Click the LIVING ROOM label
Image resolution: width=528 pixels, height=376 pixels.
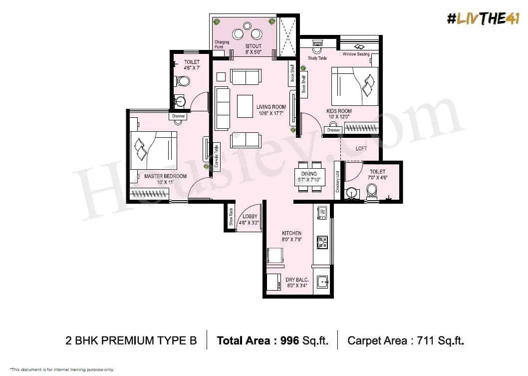(271, 107)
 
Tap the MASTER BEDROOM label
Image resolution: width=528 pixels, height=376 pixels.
(165, 176)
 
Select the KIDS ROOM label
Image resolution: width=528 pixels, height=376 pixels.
(339, 111)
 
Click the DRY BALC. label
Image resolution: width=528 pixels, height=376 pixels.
(296, 280)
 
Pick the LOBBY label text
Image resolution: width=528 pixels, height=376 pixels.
(247, 217)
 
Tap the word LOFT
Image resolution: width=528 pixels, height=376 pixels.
(361, 149)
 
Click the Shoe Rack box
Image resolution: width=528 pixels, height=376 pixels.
(231, 217)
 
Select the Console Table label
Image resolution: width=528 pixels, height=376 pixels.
(216, 155)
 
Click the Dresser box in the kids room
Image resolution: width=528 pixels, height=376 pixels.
(333, 130)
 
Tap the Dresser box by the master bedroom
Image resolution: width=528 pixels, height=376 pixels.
(178, 116)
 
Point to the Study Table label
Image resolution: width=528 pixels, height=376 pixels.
(317, 58)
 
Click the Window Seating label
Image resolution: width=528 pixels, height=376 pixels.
(356, 54)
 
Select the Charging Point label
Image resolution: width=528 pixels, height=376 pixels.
(222, 44)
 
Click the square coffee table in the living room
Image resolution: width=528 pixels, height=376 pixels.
(245, 105)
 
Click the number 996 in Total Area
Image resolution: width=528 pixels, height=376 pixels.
(289, 341)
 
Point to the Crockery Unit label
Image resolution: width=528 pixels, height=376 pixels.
(337, 182)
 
